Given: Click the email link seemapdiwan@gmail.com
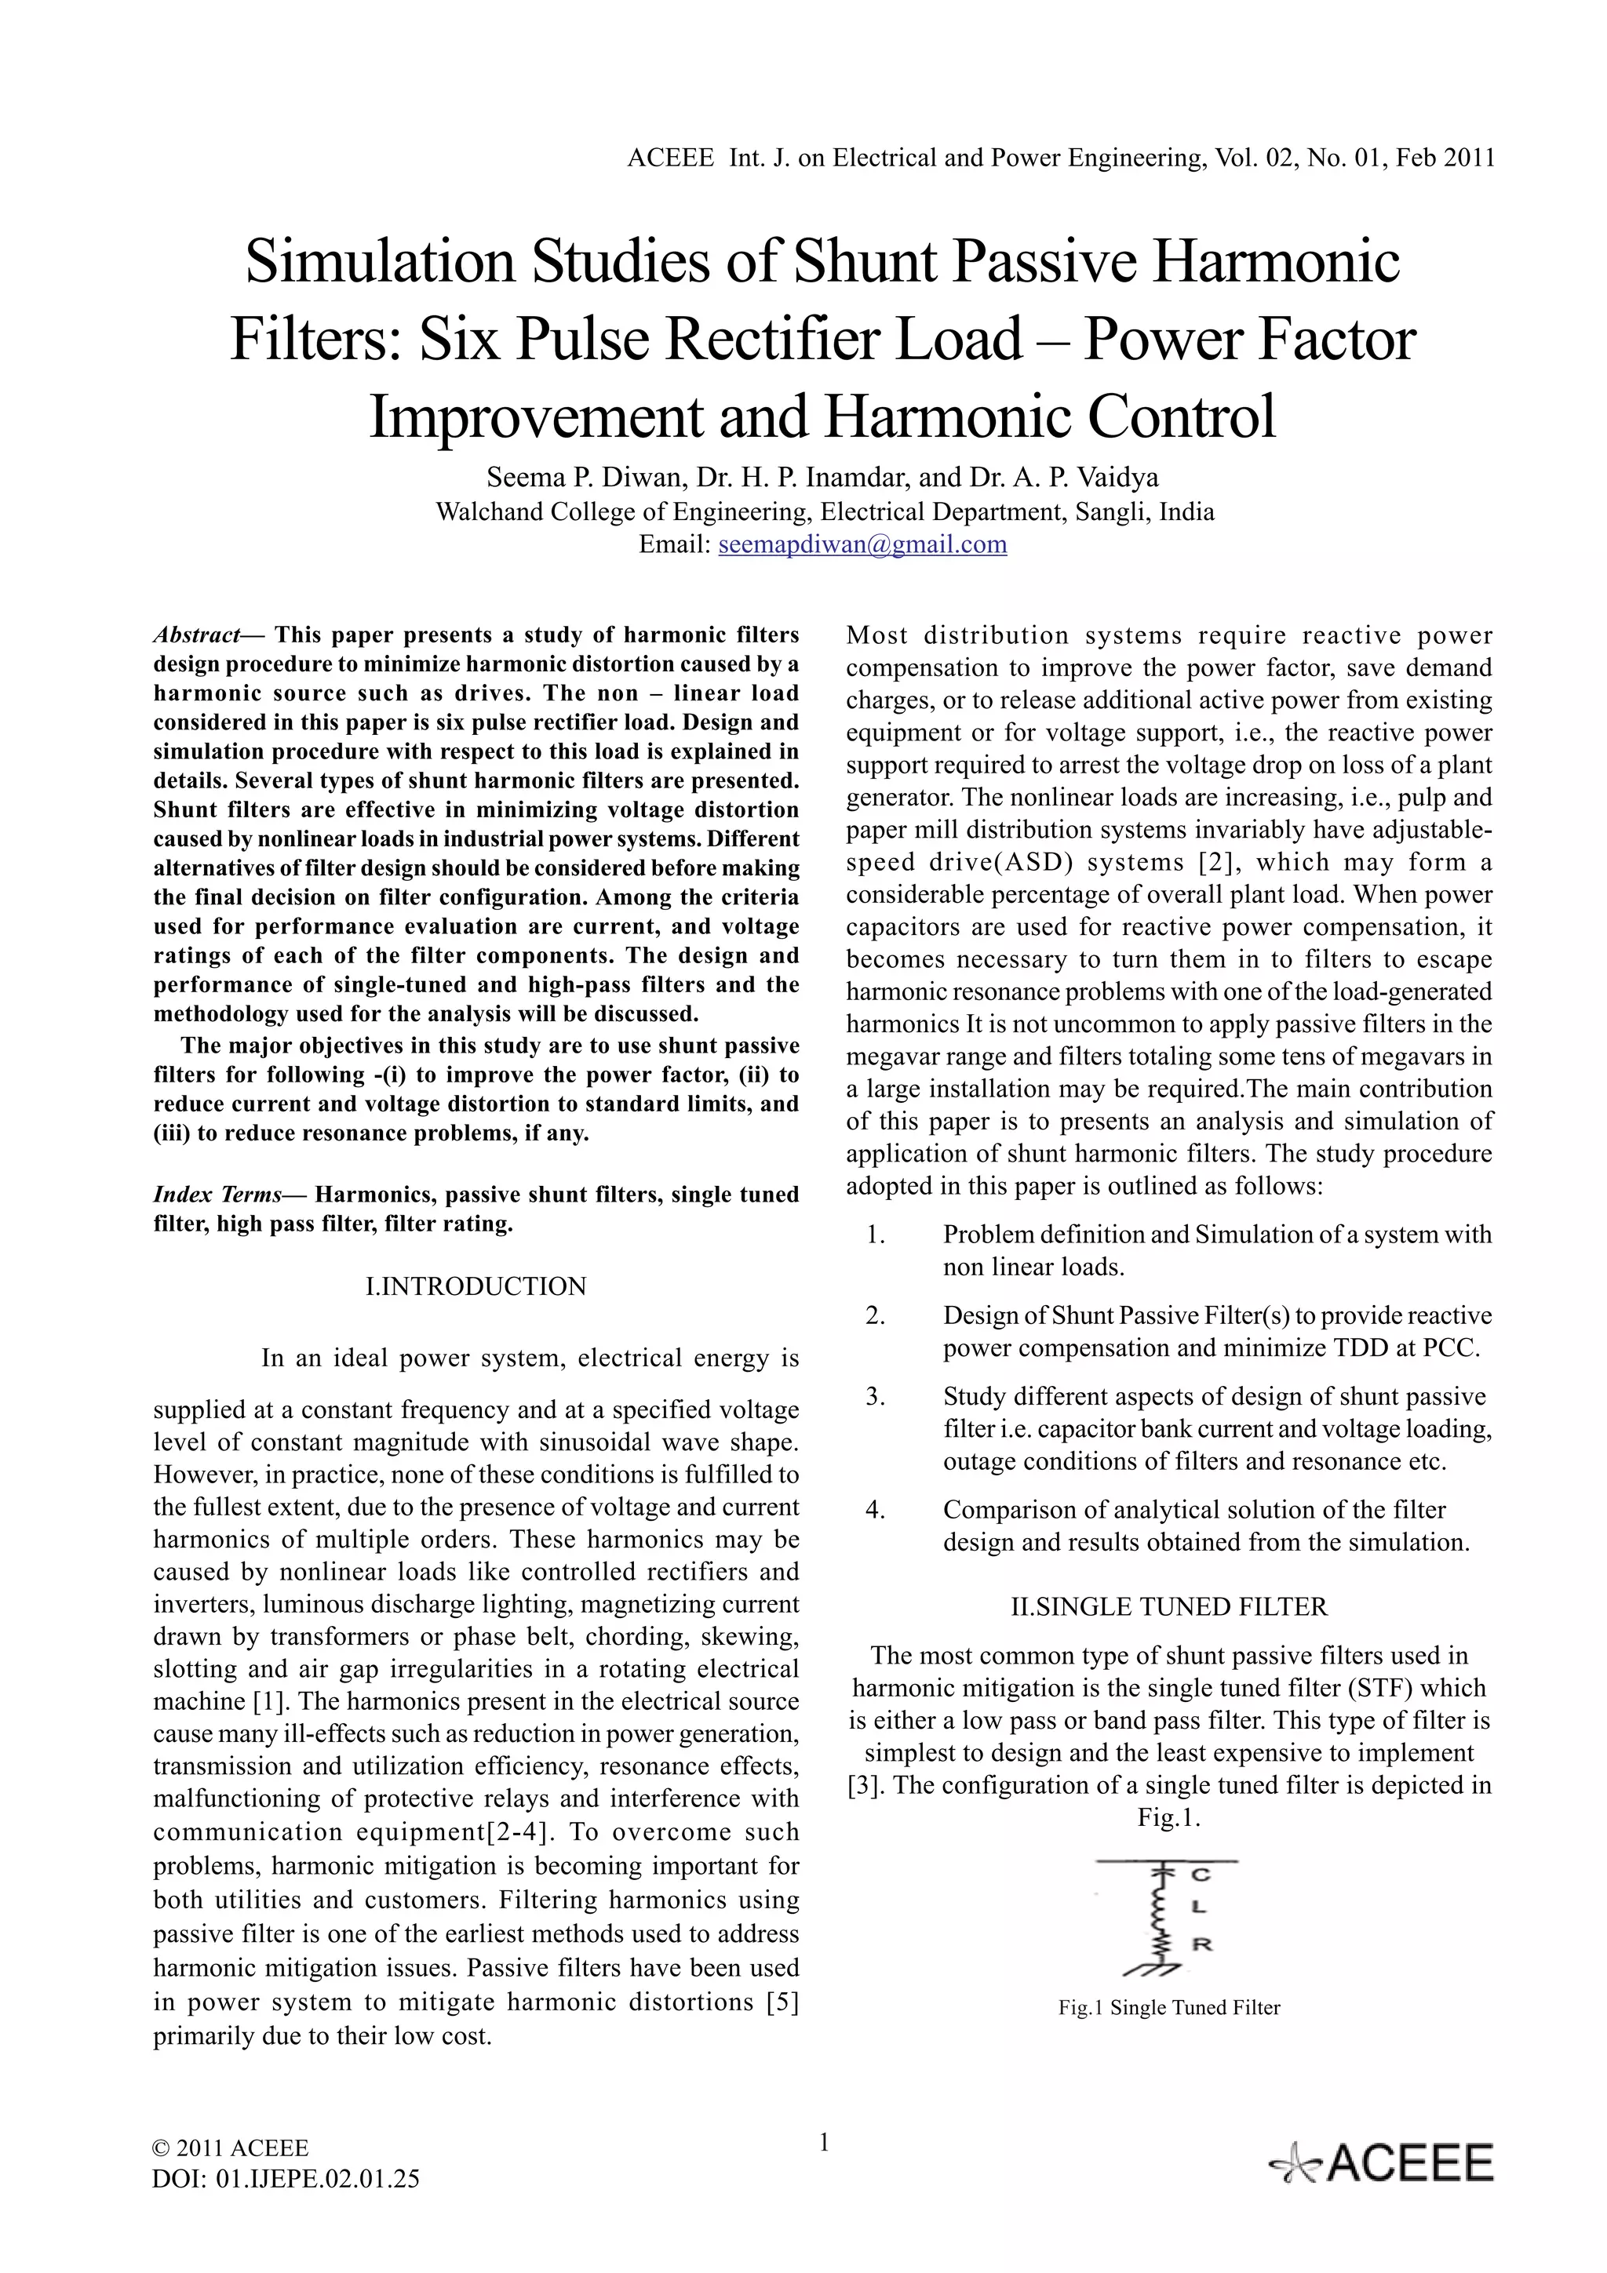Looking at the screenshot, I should (862, 544).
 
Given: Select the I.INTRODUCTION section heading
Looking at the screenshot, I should (476, 1286).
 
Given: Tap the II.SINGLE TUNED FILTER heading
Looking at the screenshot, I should (1168, 1607).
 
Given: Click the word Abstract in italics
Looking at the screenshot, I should (196, 635).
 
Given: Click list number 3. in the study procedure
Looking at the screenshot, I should (875, 1397).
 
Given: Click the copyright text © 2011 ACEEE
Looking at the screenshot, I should (231, 2148).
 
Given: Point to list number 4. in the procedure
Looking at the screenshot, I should (875, 1510).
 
